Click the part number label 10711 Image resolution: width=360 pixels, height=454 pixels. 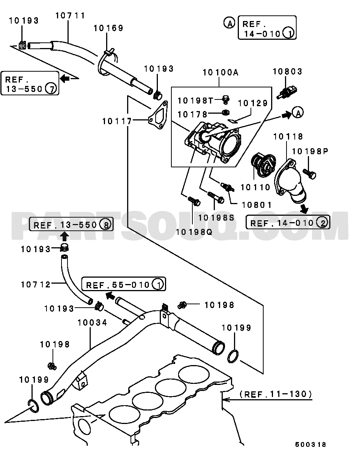tap(70, 16)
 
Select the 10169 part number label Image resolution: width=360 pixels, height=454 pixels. tap(108, 28)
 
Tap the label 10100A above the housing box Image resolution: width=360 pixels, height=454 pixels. tap(220, 72)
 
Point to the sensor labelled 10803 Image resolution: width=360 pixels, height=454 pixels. tap(287, 92)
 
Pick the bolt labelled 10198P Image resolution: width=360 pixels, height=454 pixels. tap(309, 174)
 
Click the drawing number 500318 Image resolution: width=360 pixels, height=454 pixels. tap(310, 445)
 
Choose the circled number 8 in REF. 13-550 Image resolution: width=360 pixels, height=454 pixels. tap(106, 225)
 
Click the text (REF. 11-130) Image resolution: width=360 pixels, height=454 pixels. tap(276, 394)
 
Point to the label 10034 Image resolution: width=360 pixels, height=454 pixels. tap(92, 323)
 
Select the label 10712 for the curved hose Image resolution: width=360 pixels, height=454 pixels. tap(36, 284)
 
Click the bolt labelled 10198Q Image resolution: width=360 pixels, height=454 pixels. tap(194, 201)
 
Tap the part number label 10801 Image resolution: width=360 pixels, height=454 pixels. tap(256, 205)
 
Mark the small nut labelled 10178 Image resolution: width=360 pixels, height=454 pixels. tap(226, 112)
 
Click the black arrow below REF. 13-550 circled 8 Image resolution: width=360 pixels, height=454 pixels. tap(65, 236)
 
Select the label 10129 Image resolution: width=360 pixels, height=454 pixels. tap(253, 103)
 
